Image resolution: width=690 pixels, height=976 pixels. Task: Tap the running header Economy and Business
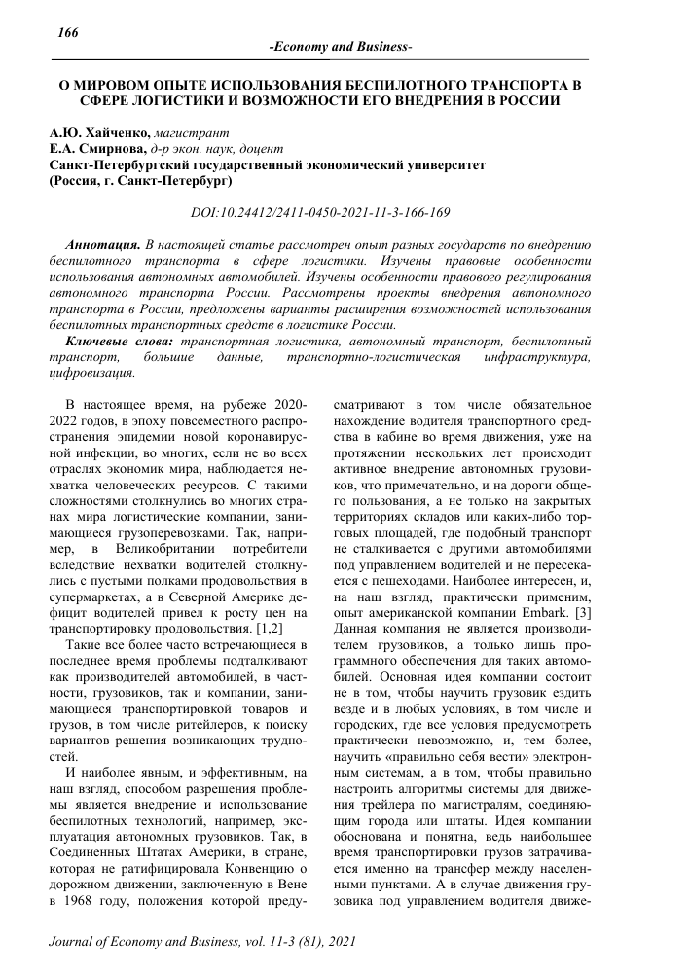pos(340,48)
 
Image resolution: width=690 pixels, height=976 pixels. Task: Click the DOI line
pos(346,210)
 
